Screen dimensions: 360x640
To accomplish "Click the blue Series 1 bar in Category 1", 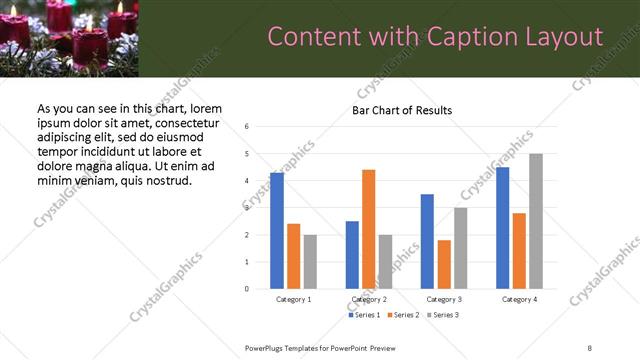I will coord(277,231).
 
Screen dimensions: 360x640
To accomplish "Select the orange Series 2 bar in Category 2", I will coord(368,229).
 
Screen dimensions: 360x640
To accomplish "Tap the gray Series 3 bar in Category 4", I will coord(536,221).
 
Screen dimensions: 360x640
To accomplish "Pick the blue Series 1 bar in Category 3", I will coord(427,241).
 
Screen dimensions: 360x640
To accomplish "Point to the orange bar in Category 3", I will coord(444,264).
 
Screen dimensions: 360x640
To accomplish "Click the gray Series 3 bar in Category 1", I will coord(310,262).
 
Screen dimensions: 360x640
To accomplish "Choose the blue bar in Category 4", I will coord(503,228).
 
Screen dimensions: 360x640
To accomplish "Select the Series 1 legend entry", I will coord(364,315).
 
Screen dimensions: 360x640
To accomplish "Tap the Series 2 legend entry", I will coord(403,315).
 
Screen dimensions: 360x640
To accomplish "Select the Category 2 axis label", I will coord(369,299).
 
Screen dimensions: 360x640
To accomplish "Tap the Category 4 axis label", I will coord(520,299).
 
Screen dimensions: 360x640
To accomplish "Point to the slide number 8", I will coord(590,346).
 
